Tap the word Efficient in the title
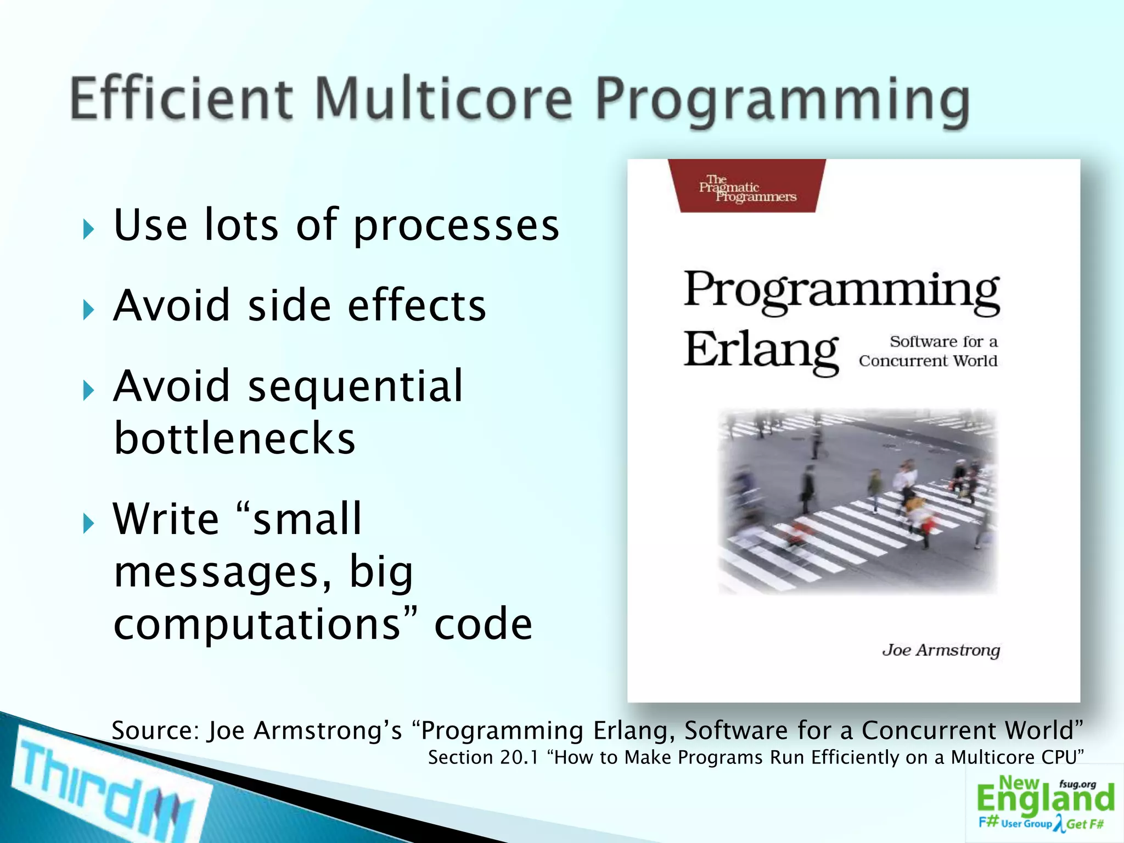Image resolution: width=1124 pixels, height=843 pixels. [181, 99]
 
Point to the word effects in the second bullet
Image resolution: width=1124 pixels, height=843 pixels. [417, 306]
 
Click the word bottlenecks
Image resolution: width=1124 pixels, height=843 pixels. [235, 439]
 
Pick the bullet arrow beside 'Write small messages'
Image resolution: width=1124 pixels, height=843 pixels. [88, 524]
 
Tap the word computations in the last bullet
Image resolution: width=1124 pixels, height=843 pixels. [257, 625]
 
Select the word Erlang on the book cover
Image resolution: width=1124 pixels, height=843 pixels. [761, 351]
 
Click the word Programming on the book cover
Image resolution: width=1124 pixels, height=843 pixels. [842, 291]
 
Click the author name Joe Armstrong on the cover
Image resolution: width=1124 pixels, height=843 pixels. [941, 650]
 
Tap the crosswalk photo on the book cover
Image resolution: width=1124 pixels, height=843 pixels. [857, 501]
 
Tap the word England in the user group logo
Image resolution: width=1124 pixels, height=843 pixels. [1045, 799]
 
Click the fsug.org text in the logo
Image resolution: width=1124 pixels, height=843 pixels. [1077, 784]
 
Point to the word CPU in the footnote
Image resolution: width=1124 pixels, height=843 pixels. [1064, 757]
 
